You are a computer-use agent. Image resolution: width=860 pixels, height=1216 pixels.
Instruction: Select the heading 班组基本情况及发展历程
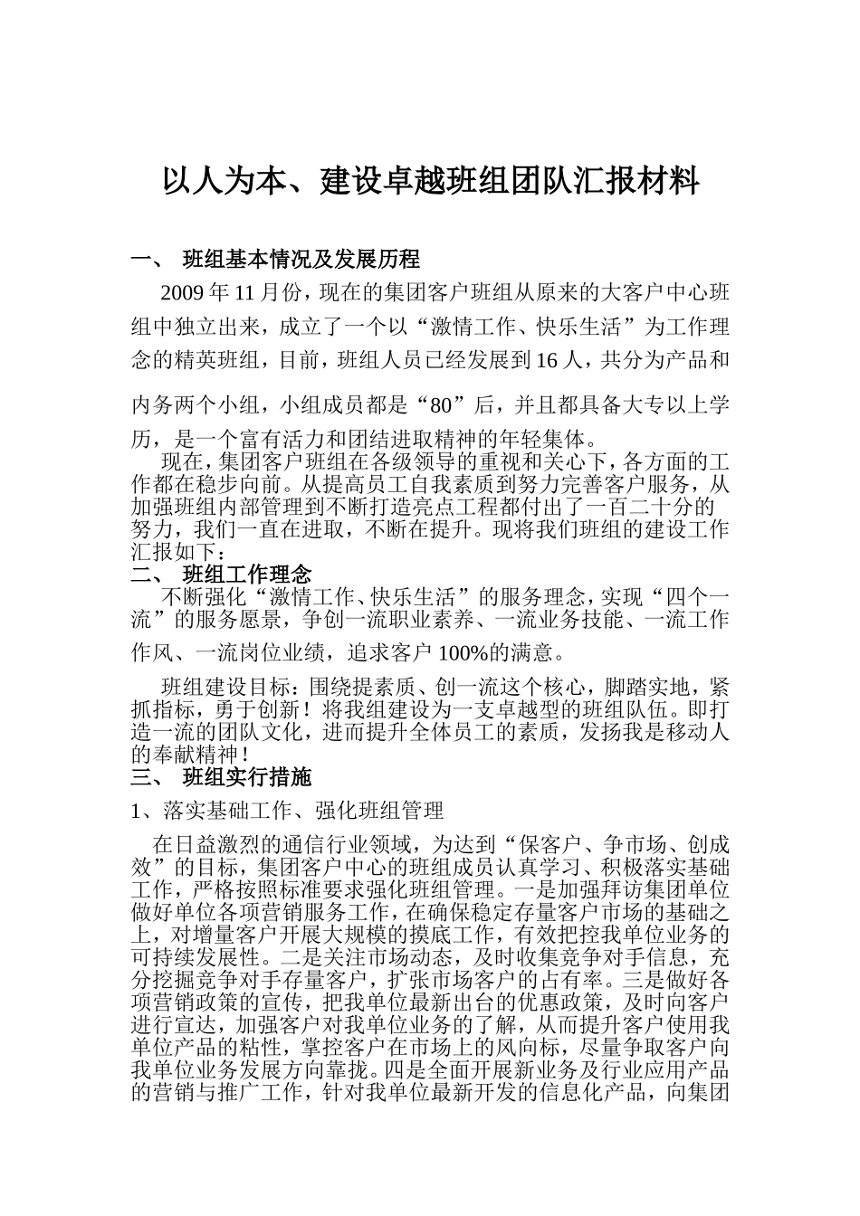coord(301,260)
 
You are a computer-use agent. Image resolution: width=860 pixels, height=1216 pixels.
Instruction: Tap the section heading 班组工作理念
coord(247,575)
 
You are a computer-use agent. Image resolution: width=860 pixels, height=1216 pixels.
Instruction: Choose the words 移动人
coord(698,731)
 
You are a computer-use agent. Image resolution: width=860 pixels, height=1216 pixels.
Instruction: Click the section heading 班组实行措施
coord(247,776)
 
